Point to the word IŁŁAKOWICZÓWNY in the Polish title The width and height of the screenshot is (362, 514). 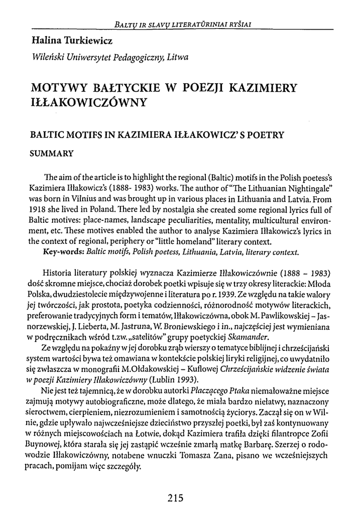click(89, 104)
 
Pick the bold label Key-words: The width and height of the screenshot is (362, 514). click(64, 252)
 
